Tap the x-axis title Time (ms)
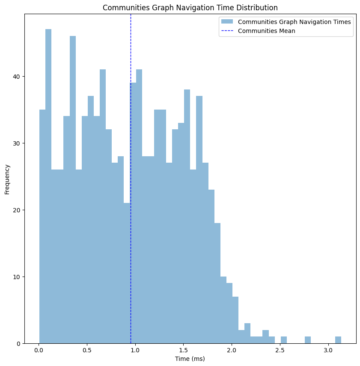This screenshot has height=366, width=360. (x=190, y=359)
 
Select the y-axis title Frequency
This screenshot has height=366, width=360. (x=7, y=179)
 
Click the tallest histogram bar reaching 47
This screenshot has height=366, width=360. (x=48, y=184)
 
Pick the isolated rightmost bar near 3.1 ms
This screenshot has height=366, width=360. (x=338, y=340)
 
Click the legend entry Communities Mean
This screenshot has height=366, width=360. (x=266, y=31)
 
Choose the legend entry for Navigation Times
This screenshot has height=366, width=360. (x=295, y=22)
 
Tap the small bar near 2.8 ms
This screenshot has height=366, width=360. (x=308, y=340)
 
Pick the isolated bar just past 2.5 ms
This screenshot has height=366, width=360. (x=284, y=340)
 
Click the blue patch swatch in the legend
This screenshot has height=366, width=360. (x=227, y=22)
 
